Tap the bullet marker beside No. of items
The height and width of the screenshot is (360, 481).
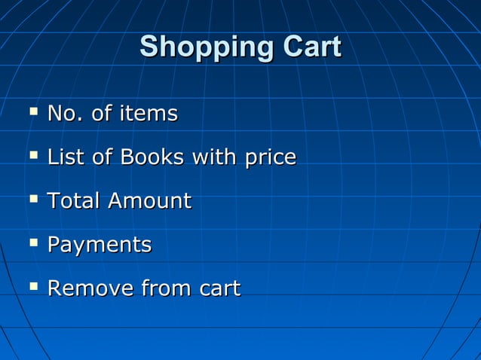(x=32, y=113)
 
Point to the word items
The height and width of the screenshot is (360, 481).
(x=148, y=114)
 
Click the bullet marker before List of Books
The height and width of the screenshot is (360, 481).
(x=32, y=157)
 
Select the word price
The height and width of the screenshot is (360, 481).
(x=269, y=159)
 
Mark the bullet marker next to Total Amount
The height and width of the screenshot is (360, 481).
(x=32, y=200)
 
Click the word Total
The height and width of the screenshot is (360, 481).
(x=73, y=201)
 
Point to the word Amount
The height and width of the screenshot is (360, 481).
(x=149, y=201)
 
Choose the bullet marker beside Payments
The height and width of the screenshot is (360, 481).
(x=32, y=243)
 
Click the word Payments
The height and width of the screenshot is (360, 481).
(x=99, y=246)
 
